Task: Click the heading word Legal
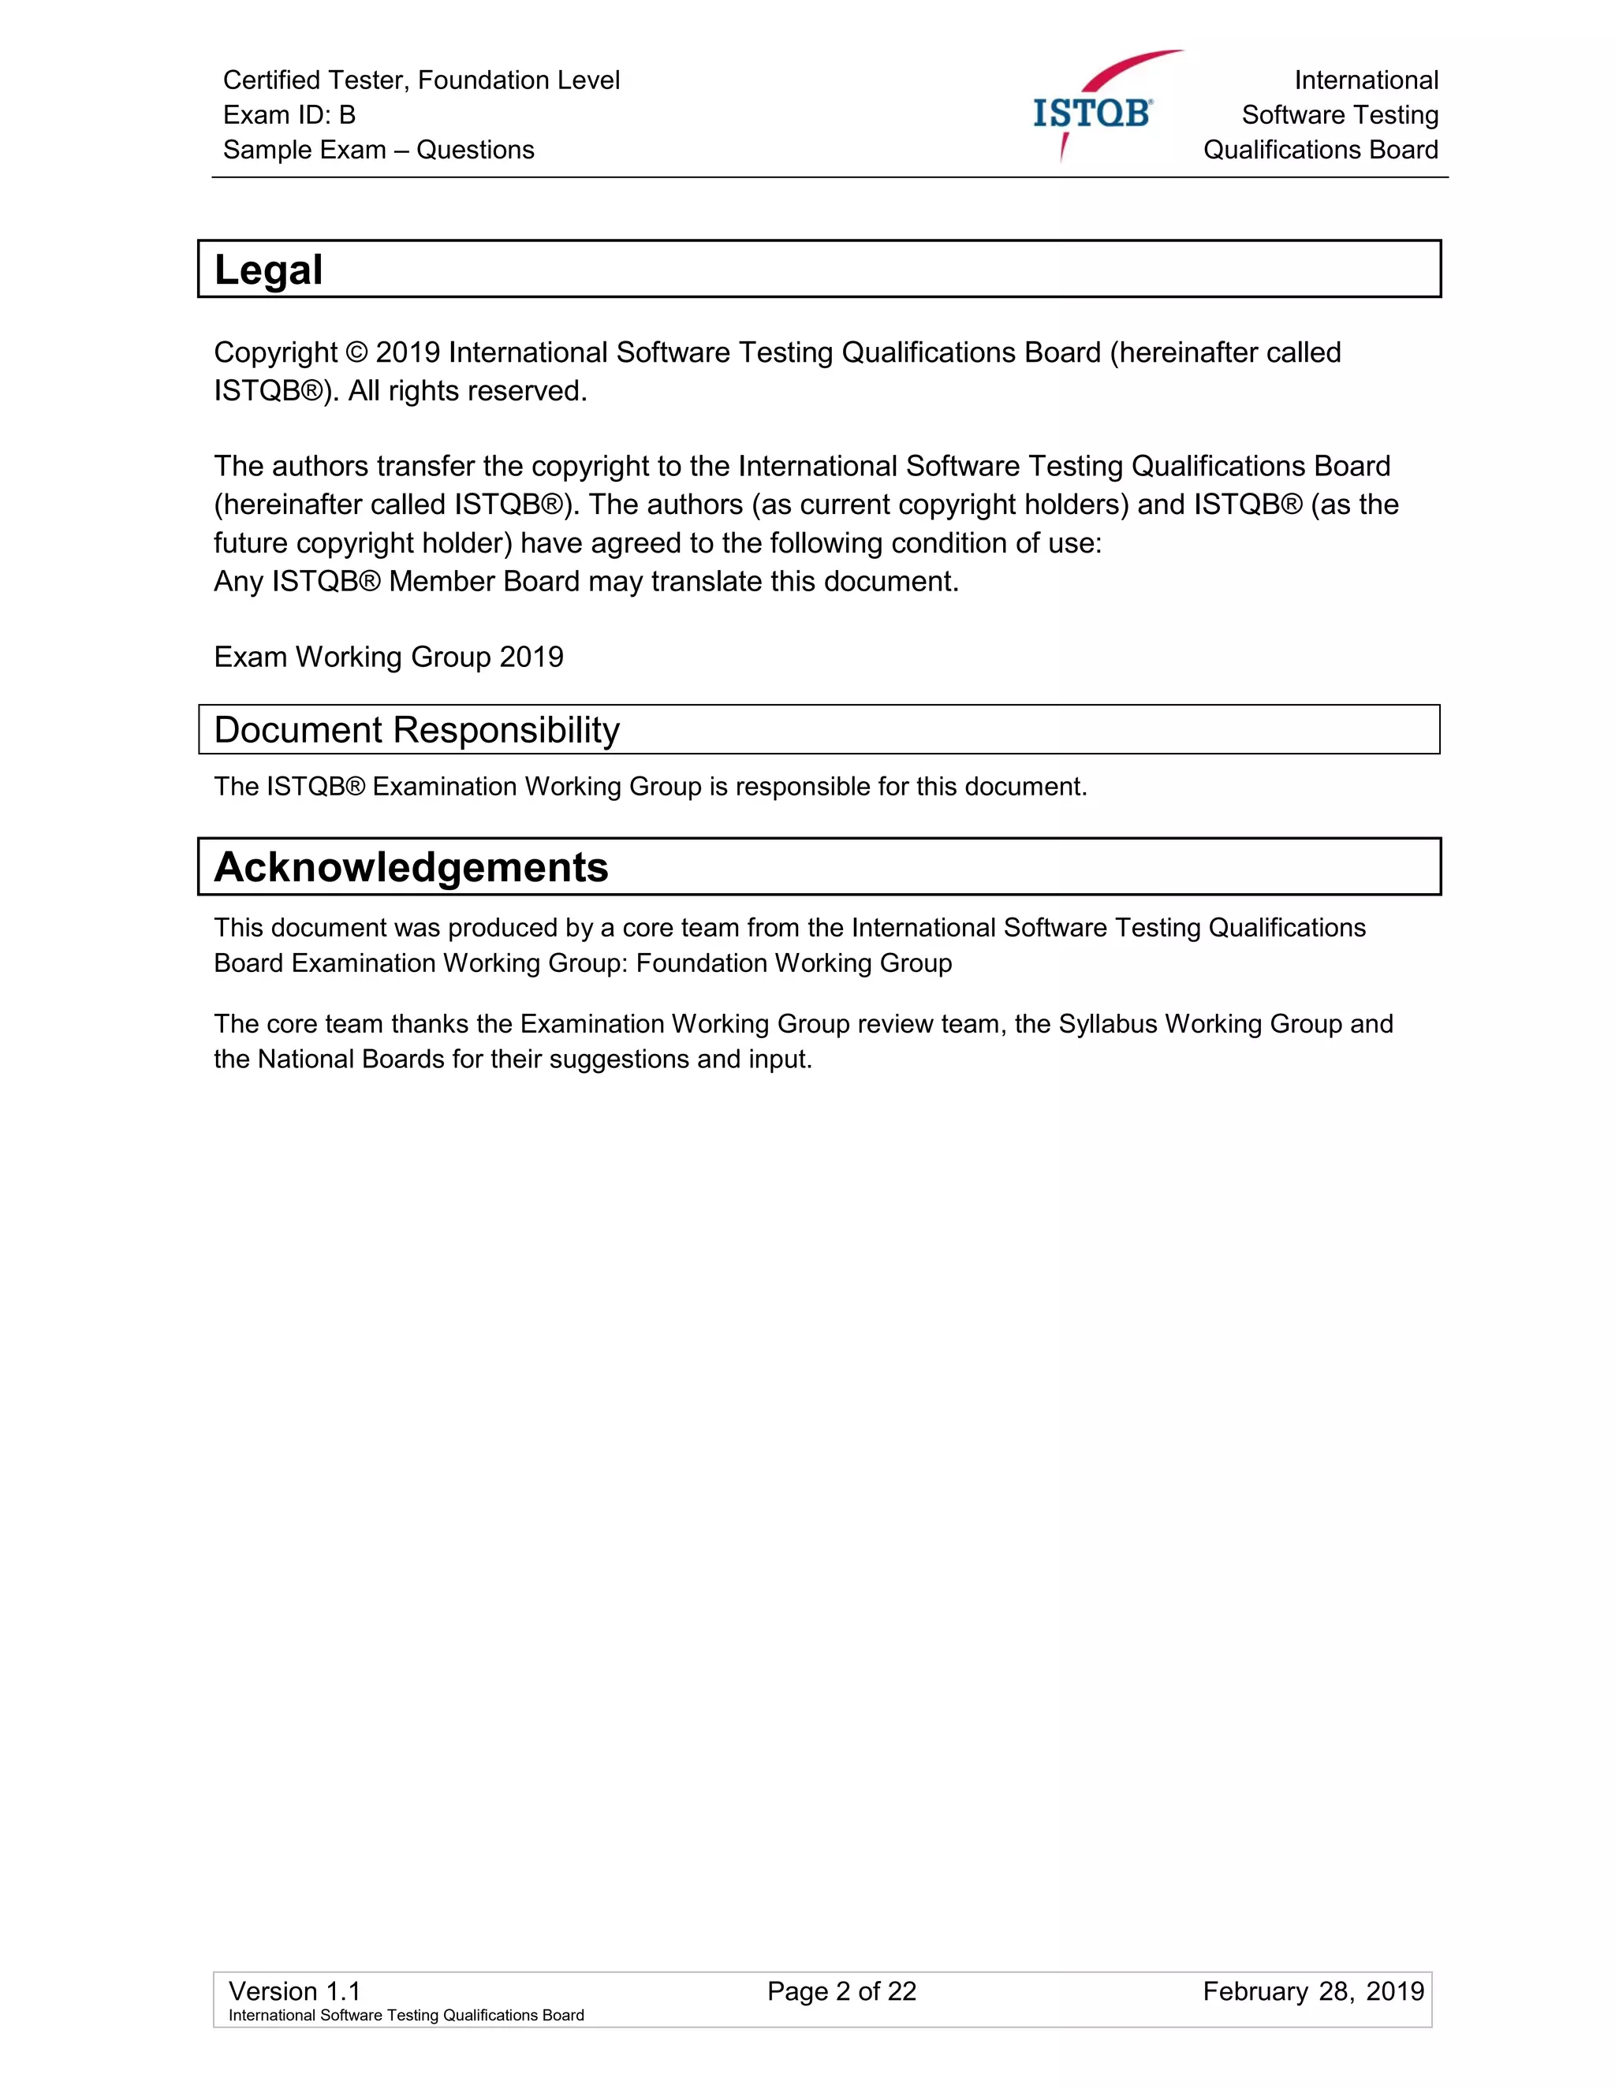click(269, 270)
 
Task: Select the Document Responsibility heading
click(416, 730)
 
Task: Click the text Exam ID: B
click(289, 115)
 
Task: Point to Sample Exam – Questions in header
click(378, 150)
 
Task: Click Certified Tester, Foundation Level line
click(421, 80)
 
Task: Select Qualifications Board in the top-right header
click(1320, 150)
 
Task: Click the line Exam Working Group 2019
click(389, 657)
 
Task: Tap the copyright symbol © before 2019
click(356, 353)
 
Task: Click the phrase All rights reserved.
click(467, 391)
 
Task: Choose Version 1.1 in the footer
click(293, 1991)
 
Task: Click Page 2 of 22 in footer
click(841, 1991)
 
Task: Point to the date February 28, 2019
click(1313, 1991)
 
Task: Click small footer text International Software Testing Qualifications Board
click(405, 2016)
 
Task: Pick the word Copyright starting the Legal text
click(275, 353)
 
